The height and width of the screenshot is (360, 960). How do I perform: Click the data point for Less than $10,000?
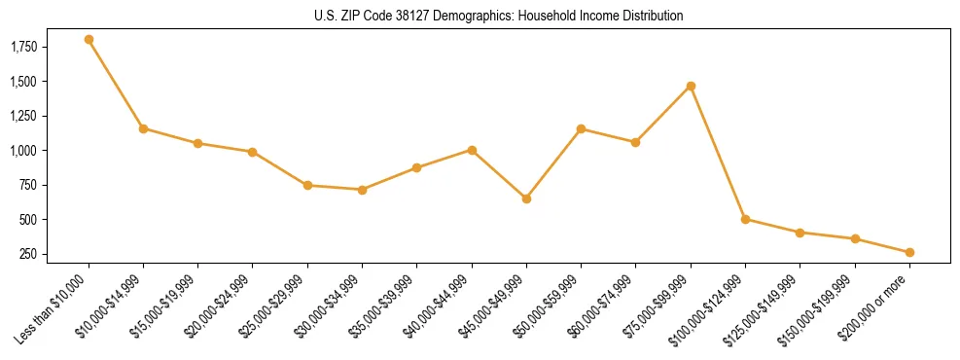coord(89,40)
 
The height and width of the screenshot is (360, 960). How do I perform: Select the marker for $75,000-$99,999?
coord(691,87)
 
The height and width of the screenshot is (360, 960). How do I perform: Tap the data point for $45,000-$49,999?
coord(526,198)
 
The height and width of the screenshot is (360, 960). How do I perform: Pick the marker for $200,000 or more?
coord(909,253)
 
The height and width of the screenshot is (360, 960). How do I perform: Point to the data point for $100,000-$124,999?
coord(745,219)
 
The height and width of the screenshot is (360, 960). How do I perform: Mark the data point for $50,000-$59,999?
coord(581,128)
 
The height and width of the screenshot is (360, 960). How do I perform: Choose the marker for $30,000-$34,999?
coord(362,190)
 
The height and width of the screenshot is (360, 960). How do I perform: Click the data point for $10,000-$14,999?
coord(143,128)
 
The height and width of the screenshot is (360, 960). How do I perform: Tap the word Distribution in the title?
coord(654,16)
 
